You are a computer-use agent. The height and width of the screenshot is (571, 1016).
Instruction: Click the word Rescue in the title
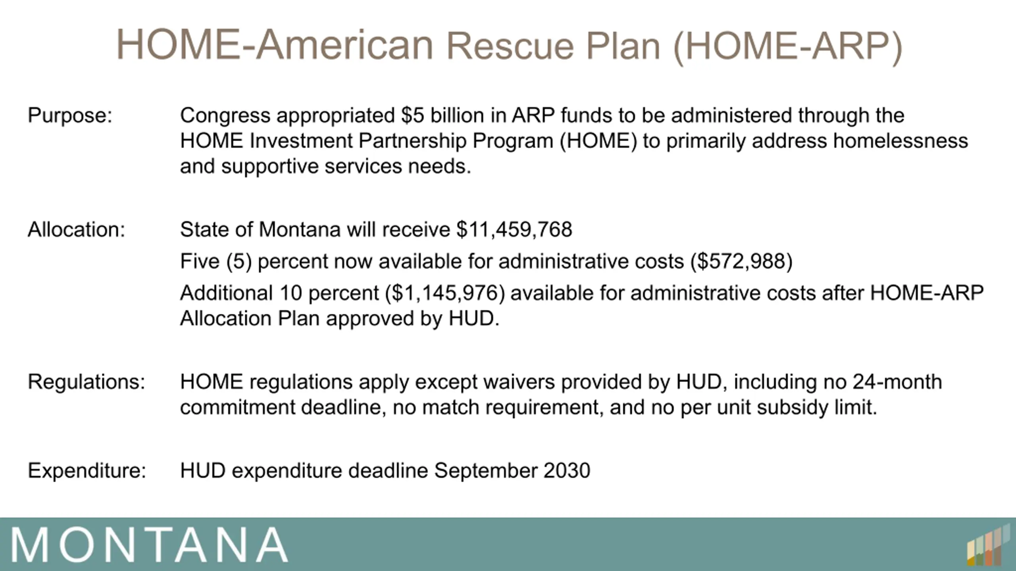(510, 46)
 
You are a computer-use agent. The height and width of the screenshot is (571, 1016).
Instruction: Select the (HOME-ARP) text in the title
(788, 47)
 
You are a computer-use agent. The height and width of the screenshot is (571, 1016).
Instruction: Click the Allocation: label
(76, 230)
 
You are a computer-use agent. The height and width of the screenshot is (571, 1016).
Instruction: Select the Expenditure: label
(87, 471)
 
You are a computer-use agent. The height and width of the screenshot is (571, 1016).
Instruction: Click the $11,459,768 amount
(514, 230)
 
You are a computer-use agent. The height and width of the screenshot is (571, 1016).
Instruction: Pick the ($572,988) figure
(741, 262)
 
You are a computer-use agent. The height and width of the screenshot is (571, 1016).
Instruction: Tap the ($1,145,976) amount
(445, 294)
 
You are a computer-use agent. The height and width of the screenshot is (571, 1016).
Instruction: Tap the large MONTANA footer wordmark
(149, 545)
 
